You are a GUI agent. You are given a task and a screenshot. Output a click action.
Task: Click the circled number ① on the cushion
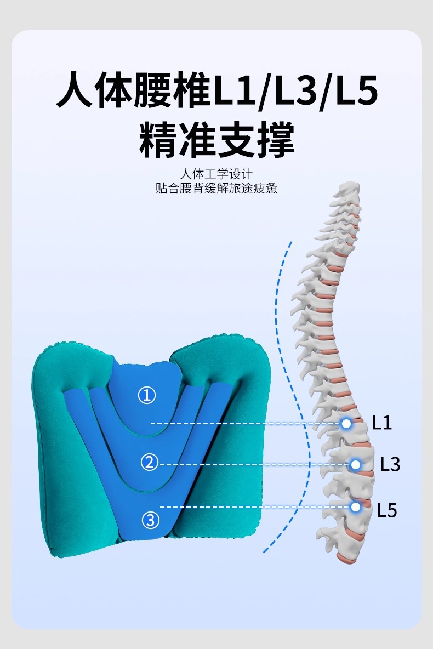click(146, 396)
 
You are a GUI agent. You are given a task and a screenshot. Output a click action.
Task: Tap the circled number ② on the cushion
click(150, 462)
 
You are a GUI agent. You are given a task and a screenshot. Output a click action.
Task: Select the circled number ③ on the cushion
click(150, 520)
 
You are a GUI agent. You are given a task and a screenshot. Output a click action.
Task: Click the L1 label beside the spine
click(382, 422)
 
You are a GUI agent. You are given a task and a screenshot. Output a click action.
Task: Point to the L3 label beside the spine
click(390, 464)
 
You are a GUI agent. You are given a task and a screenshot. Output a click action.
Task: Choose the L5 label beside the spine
click(387, 510)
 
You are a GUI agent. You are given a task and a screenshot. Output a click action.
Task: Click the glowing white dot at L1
click(346, 423)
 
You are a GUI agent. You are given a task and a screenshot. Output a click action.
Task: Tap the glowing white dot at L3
click(355, 465)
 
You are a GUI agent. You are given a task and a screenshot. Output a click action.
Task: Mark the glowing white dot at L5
click(355, 506)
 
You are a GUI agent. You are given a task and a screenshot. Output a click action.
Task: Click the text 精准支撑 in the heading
click(216, 139)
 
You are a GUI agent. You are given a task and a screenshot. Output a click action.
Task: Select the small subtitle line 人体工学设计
click(216, 173)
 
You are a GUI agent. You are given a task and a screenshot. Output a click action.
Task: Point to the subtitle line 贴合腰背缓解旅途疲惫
click(216, 189)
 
